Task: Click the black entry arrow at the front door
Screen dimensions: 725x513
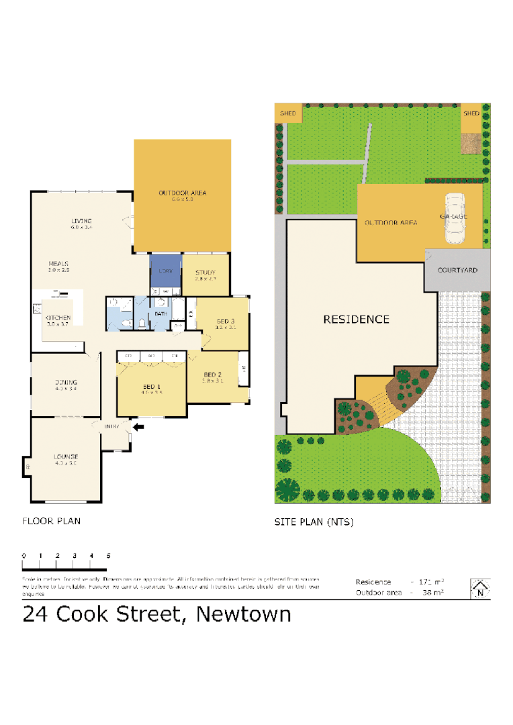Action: pos(139,426)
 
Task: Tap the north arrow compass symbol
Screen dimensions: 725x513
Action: pos(479,589)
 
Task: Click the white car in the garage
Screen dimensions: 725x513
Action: pos(455,218)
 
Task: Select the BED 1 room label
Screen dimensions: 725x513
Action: pos(151,387)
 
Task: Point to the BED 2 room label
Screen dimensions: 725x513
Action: pos(212,375)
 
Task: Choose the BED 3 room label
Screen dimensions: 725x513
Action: pos(225,320)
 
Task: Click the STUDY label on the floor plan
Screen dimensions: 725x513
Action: pos(205,273)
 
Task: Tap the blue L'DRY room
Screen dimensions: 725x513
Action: pos(165,271)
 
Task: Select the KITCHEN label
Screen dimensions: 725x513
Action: pos(58,318)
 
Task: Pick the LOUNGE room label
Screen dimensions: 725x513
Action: pos(66,457)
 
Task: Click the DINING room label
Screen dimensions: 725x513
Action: pos(66,383)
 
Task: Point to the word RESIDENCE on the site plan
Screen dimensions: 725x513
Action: pos(356,320)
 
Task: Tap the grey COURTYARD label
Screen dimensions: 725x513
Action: pos(457,270)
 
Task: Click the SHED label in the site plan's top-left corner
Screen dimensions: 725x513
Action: pos(288,113)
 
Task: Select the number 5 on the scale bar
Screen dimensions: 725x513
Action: pos(108,556)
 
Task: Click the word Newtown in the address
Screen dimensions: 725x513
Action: pos(243,614)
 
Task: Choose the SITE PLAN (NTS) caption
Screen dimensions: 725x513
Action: pos(314,522)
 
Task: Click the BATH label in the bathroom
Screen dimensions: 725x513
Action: pos(161,313)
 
